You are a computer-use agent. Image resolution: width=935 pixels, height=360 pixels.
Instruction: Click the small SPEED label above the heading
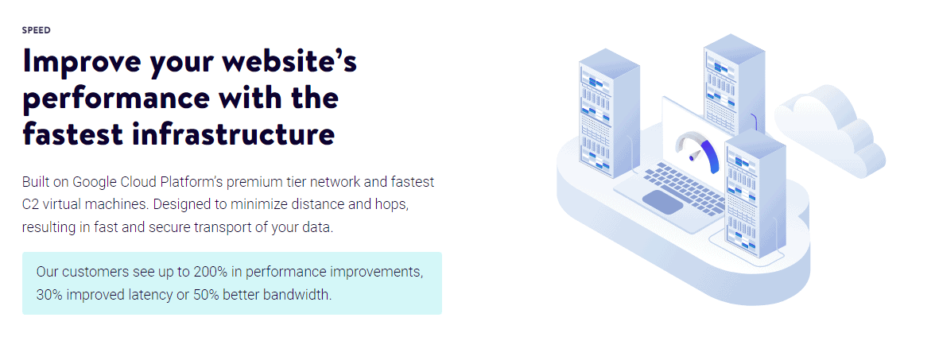click(37, 30)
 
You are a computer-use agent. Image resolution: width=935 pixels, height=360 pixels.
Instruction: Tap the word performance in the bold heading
click(116, 99)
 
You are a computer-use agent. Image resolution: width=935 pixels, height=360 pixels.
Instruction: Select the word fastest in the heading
click(72, 134)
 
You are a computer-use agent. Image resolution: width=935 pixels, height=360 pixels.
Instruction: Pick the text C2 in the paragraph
click(30, 204)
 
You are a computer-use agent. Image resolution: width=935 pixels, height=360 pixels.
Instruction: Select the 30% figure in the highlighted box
click(49, 294)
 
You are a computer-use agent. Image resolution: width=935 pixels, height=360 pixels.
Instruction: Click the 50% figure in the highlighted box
click(207, 294)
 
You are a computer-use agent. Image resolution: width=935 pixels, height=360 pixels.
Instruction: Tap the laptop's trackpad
click(662, 202)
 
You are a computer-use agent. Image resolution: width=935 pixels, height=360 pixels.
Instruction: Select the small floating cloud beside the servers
click(830, 130)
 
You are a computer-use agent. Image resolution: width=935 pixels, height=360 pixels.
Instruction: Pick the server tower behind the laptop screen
click(733, 84)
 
